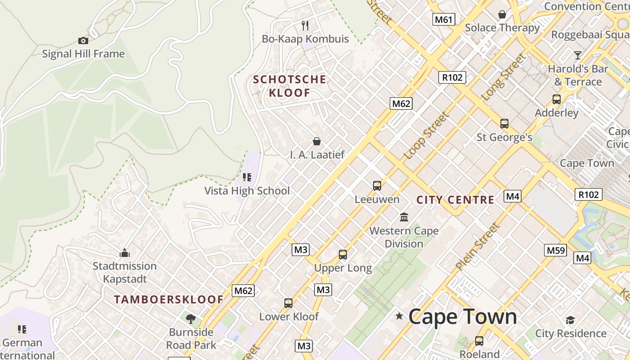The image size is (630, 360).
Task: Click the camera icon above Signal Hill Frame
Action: (83, 41)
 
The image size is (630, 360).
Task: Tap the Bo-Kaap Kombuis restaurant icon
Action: (305, 25)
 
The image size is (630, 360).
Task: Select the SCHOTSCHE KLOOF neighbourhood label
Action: (289, 86)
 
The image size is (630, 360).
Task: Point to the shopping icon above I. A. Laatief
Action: (317, 141)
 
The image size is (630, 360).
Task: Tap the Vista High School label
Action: (247, 190)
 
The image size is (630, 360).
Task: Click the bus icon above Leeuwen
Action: (377, 185)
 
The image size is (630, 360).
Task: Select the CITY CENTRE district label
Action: (455, 200)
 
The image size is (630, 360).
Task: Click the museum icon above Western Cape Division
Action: (404, 217)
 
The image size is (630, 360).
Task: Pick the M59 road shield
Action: (555, 250)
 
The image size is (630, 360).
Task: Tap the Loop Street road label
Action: (427, 135)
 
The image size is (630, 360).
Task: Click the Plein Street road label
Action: (478, 246)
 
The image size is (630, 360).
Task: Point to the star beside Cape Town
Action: (399, 316)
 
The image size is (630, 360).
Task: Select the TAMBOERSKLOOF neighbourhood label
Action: (169, 299)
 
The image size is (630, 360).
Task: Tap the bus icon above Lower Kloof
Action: (288, 303)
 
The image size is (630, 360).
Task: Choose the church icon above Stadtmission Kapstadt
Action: (125, 253)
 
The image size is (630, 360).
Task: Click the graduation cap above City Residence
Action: (571, 320)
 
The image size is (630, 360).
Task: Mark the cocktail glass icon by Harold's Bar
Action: (578, 55)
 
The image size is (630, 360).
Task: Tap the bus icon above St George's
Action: (504, 123)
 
